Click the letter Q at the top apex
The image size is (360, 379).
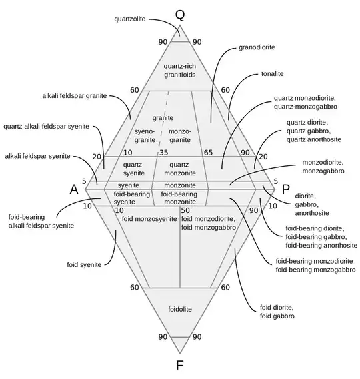[x=180, y=15]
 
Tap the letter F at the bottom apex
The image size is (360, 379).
[x=180, y=365]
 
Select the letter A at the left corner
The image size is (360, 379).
[x=74, y=189]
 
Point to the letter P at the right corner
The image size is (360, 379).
[x=285, y=189]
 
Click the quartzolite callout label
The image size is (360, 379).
[x=130, y=19]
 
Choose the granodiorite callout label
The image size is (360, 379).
[x=257, y=47]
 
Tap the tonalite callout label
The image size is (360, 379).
[x=273, y=73]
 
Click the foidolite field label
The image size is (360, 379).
[x=180, y=309]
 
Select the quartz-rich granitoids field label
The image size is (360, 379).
[x=180, y=70]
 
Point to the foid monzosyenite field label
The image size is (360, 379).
[x=149, y=219]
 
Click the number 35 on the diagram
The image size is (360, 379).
[x=164, y=153]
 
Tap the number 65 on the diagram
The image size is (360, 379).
[x=208, y=153]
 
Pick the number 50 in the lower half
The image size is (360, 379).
[x=185, y=210]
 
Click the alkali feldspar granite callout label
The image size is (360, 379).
[x=75, y=96]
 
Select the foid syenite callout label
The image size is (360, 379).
[x=84, y=265]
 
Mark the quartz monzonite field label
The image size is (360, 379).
[x=180, y=169]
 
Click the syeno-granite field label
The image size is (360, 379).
[x=145, y=136]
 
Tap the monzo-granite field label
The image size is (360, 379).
[x=180, y=136]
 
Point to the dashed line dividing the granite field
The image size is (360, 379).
[x=164, y=119]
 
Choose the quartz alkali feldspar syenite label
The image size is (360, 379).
[x=47, y=126]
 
